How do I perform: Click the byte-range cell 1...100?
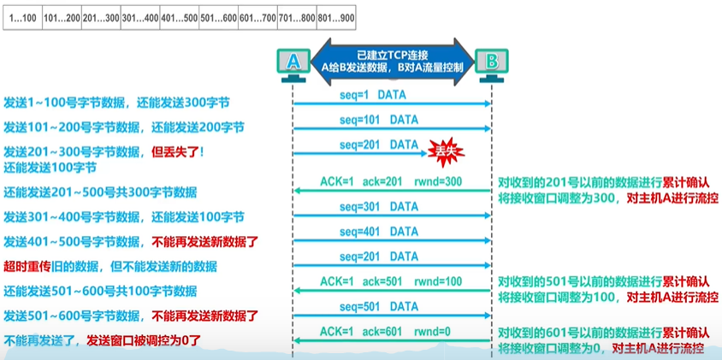point(22,19)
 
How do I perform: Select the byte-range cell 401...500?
point(179,19)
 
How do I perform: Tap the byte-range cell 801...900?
point(336,19)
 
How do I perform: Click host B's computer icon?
point(492,65)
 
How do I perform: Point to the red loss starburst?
point(446,151)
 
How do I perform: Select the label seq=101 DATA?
point(379,120)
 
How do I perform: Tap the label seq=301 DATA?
point(379,207)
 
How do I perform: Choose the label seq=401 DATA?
point(379,232)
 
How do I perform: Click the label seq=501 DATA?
point(379,307)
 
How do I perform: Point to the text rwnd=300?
point(438,182)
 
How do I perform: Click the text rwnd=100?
point(438,281)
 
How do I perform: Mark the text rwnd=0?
point(432,332)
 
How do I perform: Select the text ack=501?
point(382,281)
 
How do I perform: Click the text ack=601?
point(382,332)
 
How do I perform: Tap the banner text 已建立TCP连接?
point(393,54)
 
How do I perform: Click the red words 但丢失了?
point(175,151)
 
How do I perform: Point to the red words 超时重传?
point(22,266)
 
